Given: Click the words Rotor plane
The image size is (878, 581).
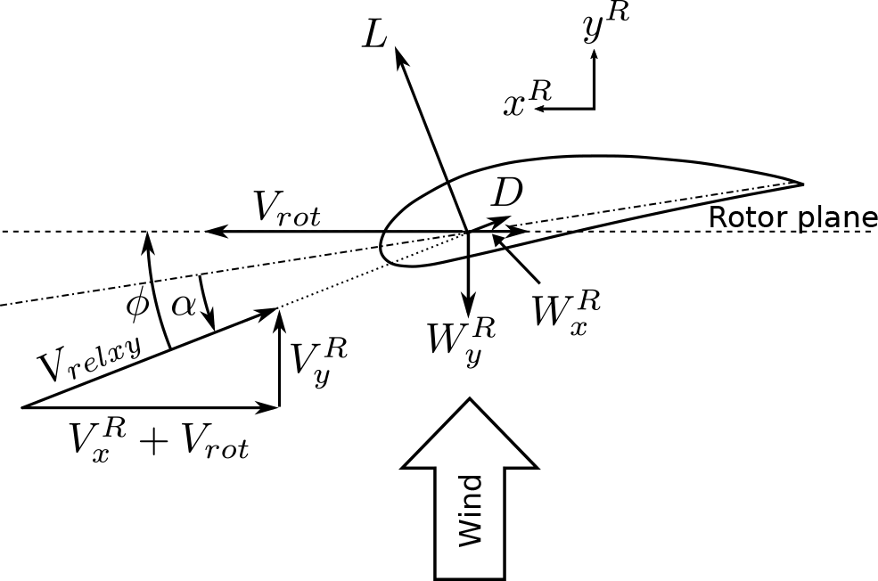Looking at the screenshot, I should (792, 217).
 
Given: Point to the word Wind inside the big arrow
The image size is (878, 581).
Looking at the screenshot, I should (470, 510).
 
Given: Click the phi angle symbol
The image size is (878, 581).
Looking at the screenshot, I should (138, 304).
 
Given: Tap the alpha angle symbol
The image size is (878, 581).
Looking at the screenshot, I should (183, 305).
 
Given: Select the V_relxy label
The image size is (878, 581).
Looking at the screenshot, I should (89, 356).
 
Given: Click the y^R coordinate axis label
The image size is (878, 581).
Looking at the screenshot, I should (604, 27).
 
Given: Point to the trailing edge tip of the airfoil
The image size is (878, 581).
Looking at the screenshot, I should (802, 184).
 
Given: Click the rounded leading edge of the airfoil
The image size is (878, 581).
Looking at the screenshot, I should (383, 243).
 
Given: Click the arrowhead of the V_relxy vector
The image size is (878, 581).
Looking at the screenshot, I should (274, 310).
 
